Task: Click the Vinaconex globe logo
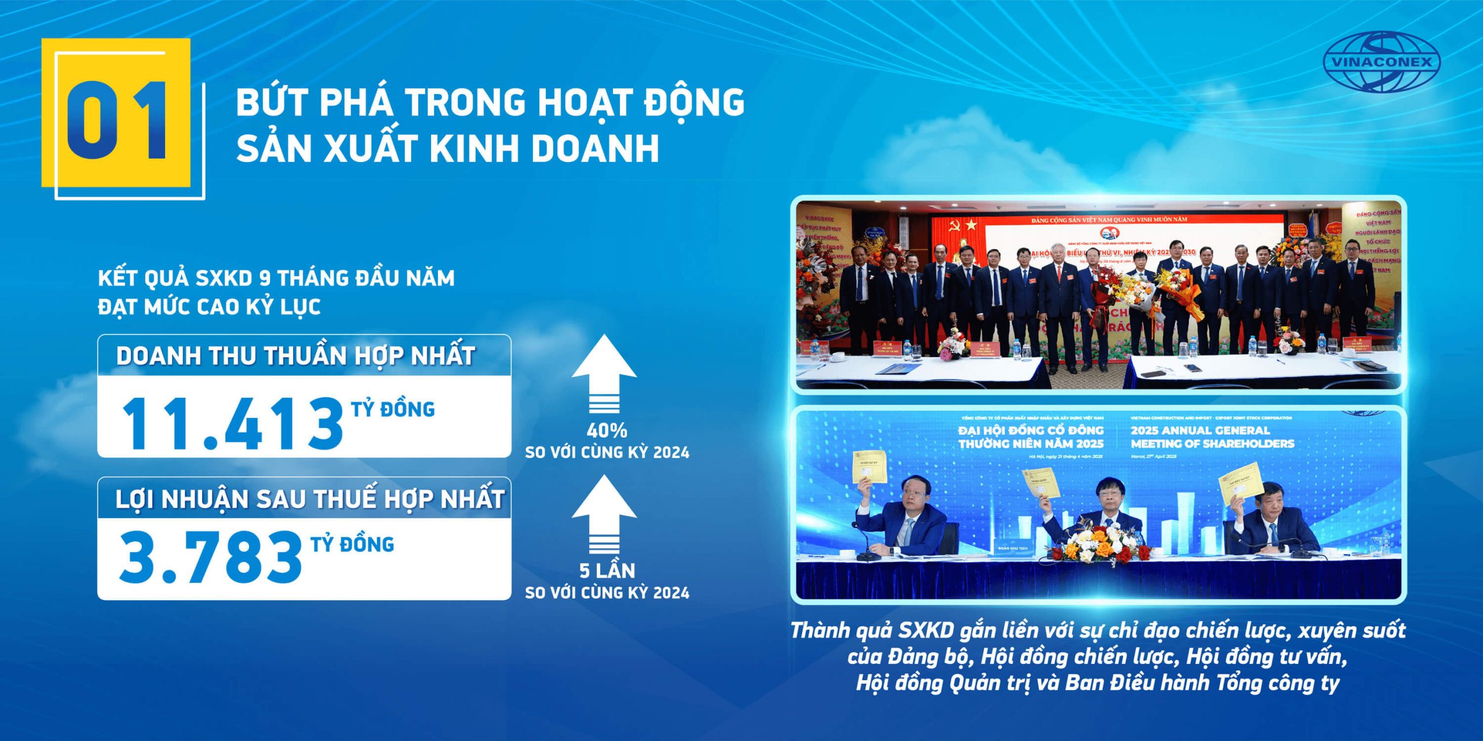tap(1382, 62)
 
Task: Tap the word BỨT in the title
tap(271, 102)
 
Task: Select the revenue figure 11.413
tap(232, 424)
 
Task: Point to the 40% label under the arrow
tap(607, 431)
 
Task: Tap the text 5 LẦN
tap(607, 571)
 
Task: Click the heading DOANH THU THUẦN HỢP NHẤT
tap(295, 355)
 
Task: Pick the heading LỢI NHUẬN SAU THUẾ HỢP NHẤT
tap(309, 499)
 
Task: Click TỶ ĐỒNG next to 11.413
tap(393, 409)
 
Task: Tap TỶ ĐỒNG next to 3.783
tap(352, 544)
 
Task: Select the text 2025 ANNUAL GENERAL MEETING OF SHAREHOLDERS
tap(1212, 437)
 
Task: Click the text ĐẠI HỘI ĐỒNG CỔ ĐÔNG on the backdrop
tap(1031, 430)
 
